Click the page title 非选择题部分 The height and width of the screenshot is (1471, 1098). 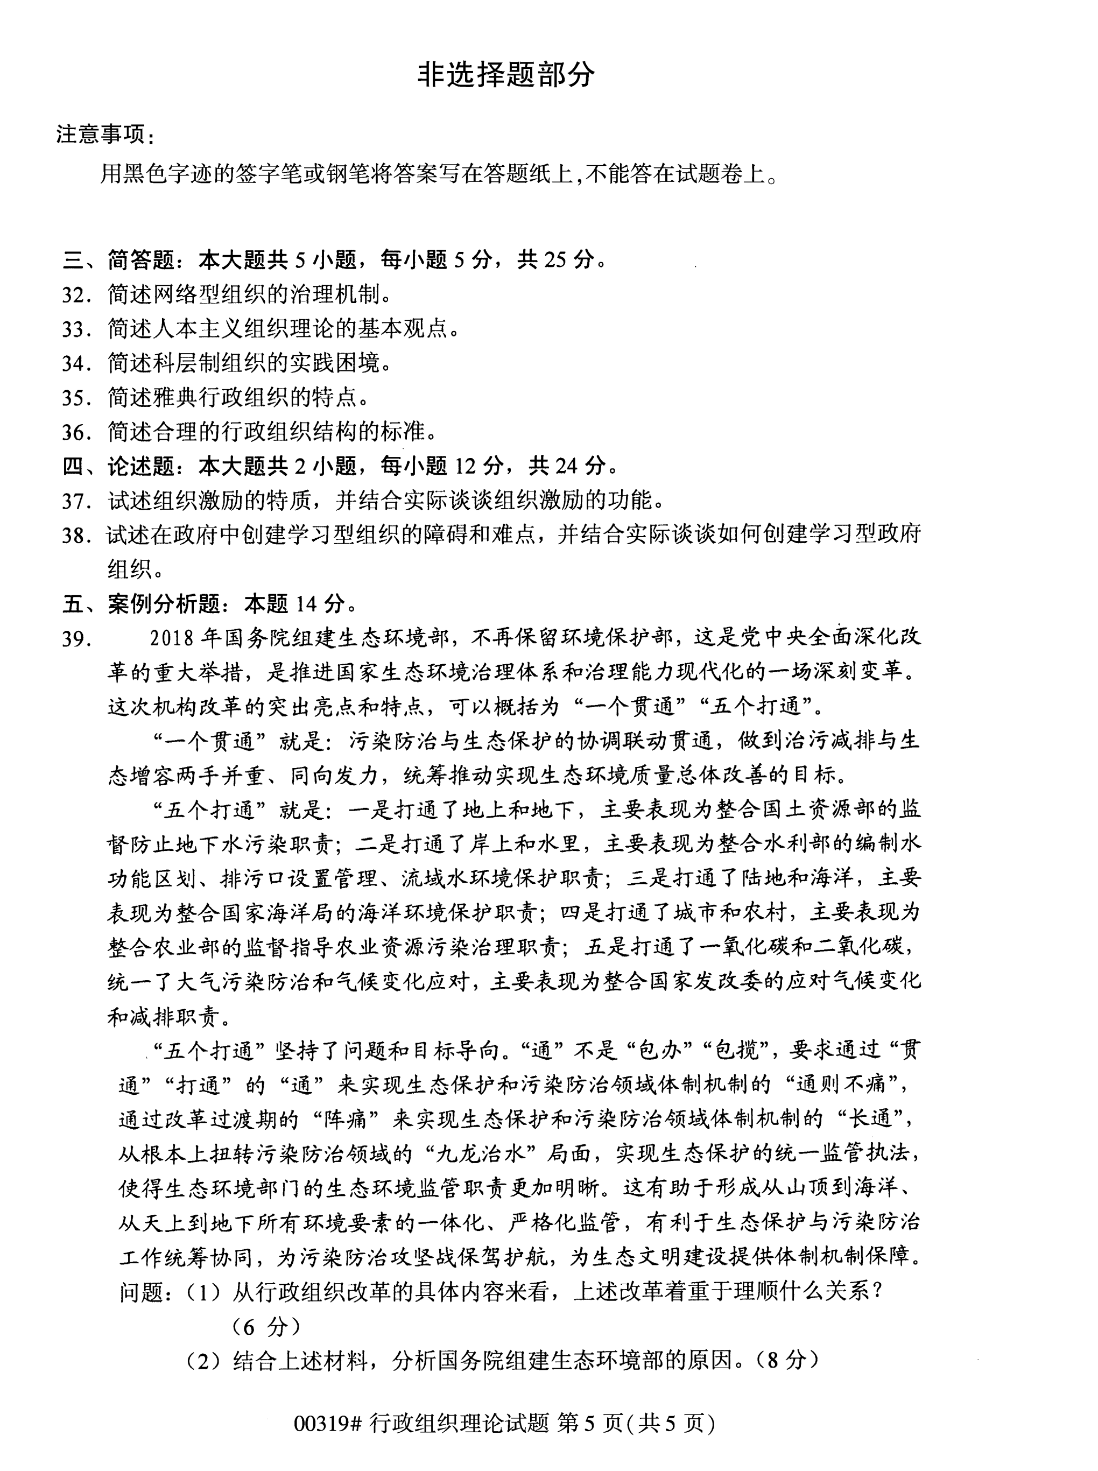click(x=506, y=75)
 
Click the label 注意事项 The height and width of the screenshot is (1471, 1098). click(x=100, y=135)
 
